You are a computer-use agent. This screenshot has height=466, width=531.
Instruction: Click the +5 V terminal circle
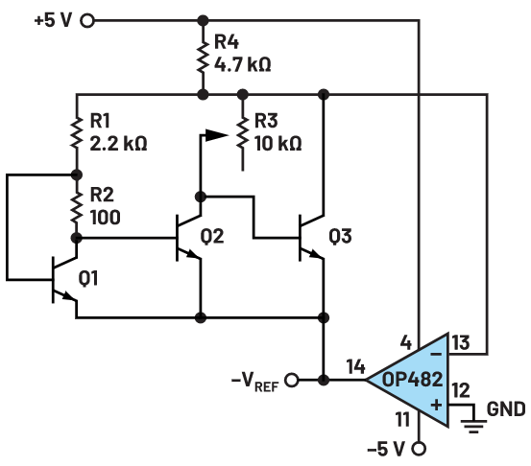point(87,21)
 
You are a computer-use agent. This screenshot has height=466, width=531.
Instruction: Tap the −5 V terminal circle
point(419,449)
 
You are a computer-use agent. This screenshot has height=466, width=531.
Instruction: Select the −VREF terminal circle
point(292,380)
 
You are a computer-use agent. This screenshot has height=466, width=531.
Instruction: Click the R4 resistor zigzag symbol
point(203,57)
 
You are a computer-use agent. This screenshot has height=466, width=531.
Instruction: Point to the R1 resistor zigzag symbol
point(77,132)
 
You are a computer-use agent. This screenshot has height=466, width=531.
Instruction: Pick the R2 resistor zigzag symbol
point(77,207)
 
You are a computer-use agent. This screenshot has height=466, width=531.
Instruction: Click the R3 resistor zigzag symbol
point(243,132)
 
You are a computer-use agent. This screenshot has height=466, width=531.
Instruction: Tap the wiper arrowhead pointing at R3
point(216,135)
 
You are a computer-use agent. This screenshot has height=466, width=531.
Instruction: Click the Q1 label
point(88,278)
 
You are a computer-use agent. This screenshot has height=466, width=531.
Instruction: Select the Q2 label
point(212,236)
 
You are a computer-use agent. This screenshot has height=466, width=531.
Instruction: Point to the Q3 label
point(340,236)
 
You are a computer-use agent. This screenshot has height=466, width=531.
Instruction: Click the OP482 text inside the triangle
point(413,380)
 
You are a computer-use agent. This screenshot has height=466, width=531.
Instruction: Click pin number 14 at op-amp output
point(355,366)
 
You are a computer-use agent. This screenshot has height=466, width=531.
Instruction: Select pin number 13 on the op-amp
point(461,342)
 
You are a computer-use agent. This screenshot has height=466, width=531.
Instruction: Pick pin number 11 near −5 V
point(402,420)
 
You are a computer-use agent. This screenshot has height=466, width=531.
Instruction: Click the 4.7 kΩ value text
point(243,64)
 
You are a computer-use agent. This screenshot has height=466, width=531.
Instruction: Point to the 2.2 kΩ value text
point(118,144)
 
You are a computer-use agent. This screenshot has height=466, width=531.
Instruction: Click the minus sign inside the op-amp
point(436,354)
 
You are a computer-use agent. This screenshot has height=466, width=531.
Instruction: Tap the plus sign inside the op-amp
point(436,405)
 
